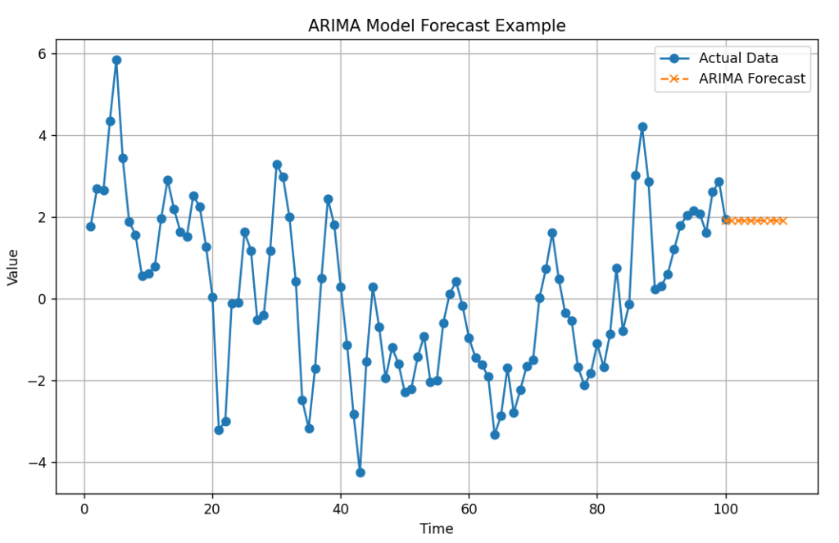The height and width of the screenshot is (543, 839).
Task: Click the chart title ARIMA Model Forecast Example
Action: pyautogui.click(x=437, y=25)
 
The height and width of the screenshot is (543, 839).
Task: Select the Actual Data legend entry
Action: pyautogui.click(x=737, y=58)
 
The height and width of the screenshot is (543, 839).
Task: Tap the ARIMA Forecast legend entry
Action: pyautogui.click(x=751, y=79)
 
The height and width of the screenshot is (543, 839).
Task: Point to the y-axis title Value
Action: pyautogui.click(x=13, y=267)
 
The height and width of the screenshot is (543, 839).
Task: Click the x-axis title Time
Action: pyautogui.click(x=437, y=529)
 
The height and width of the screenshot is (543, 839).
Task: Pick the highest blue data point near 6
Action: pyautogui.click(x=116, y=60)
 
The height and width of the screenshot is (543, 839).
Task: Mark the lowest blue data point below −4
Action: pyautogui.click(x=360, y=473)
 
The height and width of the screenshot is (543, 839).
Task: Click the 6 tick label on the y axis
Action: pyautogui.click(x=42, y=53)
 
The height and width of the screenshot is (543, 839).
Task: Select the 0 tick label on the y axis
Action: pyautogui.click(x=42, y=299)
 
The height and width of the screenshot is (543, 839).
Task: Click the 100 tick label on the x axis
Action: pyautogui.click(x=725, y=508)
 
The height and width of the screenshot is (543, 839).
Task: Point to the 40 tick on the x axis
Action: pyautogui.click(x=341, y=508)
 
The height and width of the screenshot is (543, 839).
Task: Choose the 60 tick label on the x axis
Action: pyautogui.click(x=469, y=508)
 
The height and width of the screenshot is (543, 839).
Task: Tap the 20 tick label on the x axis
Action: pyautogui.click(x=212, y=508)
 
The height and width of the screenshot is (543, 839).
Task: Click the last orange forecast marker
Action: pyautogui.click(x=782, y=220)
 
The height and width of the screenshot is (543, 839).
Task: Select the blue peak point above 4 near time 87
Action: pyautogui.click(x=642, y=127)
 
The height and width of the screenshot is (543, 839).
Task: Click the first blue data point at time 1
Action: pyautogui.click(x=90, y=227)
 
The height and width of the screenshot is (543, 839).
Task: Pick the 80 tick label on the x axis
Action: pyautogui.click(x=597, y=508)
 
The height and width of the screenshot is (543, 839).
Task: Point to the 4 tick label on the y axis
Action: pyautogui.click(x=42, y=135)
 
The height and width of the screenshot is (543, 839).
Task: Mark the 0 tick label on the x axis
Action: pyautogui.click(x=84, y=508)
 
